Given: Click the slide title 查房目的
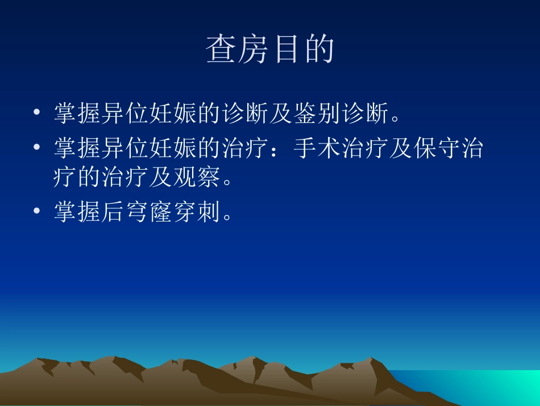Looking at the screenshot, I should click(x=269, y=50).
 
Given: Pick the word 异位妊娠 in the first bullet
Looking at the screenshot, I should click(x=130, y=113).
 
